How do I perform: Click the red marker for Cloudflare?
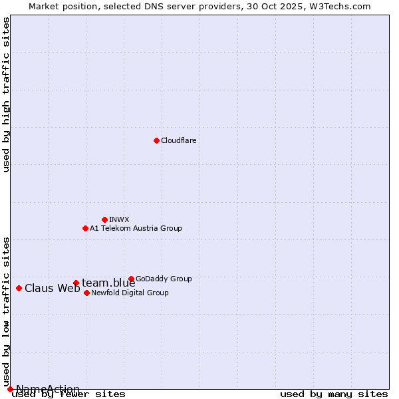(x=156, y=140)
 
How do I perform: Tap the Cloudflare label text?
(x=178, y=140)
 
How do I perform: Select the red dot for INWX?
(x=104, y=219)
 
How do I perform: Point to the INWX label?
(x=119, y=219)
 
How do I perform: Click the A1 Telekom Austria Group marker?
(x=85, y=228)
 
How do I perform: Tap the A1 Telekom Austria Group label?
(x=136, y=228)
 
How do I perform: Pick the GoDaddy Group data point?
(x=131, y=279)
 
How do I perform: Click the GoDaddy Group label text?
(x=164, y=279)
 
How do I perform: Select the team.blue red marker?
(x=76, y=283)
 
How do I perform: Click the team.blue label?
(x=108, y=283)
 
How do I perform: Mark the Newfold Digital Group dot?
(x=86, y=293)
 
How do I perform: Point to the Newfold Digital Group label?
(x=130, y=293)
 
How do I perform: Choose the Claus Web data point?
(x=19, y=288)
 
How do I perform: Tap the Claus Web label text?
(x=52, y=288)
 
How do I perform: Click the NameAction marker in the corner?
(x=10, y=389)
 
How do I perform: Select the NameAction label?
(x=48, y=389)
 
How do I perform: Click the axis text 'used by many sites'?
(x=334, y=394)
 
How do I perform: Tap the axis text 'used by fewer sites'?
(x=68, y=394)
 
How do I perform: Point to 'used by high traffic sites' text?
(x=6, y=94)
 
